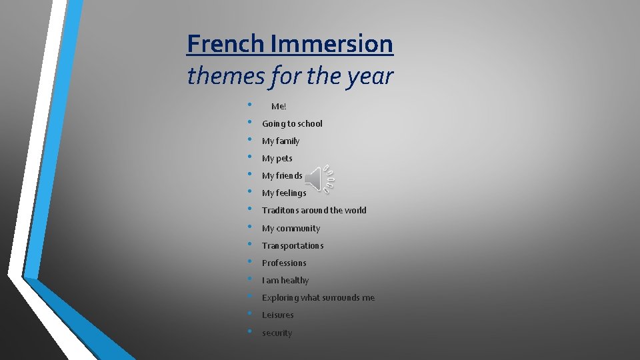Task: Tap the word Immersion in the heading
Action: tap(332, 44)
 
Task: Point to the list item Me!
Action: tap(279, 106)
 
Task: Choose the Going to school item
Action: tap(292, 123)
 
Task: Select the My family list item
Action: tap(281, 141)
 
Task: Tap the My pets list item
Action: tap(277, 159)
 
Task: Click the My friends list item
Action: tap(282, 176)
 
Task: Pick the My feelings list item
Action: tap(284, 193)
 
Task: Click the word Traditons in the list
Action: tap(280, 211)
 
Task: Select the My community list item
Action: tap(291, 228)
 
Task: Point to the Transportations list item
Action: tap(293, 245)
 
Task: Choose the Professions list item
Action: tap(284, 263)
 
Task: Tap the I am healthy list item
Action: tap(285, 281)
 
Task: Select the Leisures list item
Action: tap(277, 315)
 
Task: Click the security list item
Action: tap(277, 333)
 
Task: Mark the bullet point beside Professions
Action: tap(249, 261)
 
